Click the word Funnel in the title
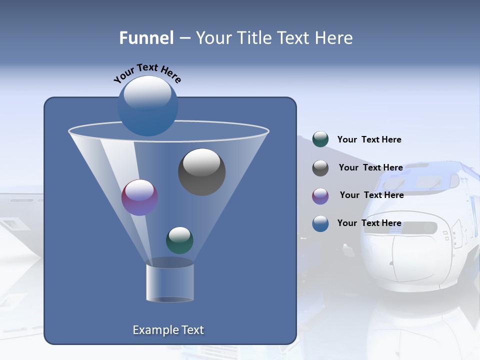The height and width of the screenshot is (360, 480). click(146, 38)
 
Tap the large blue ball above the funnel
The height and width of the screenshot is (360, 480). click(148, 106)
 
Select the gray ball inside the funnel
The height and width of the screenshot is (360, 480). click(202, 172)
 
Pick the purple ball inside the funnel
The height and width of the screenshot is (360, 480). click(140, 197)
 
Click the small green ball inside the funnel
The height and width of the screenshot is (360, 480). click(179, 240)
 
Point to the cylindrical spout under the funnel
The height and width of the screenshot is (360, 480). click(170, 282)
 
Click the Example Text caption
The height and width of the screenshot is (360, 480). click(168, 330)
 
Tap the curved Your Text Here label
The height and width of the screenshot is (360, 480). click(147, 73)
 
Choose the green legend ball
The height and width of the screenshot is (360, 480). click(320, 139)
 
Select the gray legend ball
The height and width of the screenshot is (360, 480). click(320, 167)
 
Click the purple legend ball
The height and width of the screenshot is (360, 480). click(320, 195)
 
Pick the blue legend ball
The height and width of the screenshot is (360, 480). click(320, 223)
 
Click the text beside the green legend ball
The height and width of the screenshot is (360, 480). click(369, 139)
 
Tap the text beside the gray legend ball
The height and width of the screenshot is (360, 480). click(370, 167)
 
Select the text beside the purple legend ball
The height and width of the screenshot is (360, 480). click(371, 195)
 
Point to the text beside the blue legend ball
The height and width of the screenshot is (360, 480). click(369, 223)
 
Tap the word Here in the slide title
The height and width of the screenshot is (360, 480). click(334, 38)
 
